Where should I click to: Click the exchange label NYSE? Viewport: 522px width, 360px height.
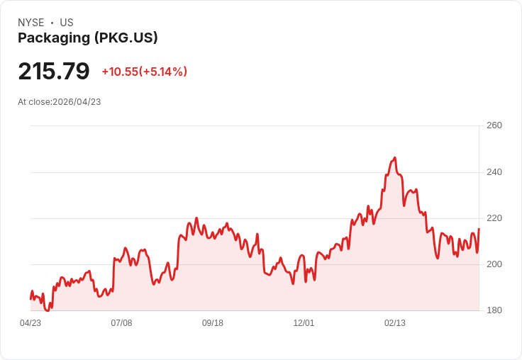click(x=31, y=23)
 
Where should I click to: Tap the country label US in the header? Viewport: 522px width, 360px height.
click(x=67, y=23)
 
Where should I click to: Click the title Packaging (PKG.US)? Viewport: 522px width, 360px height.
click(x=88, y=38)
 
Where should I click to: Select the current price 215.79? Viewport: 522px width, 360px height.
click(x=54, y=72)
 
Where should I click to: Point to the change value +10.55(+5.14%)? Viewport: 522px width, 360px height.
click(x=144, y=72)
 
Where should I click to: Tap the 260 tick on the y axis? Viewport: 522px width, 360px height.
click(x=494, y=125)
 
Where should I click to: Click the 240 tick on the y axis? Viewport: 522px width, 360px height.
click(x=494, y=172)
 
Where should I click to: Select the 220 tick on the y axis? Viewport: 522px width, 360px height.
click(x=494, y=218)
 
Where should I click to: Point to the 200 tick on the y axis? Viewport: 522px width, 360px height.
click(x=494, y=264)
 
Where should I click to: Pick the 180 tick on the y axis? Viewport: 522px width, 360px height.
click(x=494, y=310)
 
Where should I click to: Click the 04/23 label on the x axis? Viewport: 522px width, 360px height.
click(x=30, y=323)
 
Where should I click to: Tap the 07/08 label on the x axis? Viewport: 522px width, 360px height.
click(x=121, y=323)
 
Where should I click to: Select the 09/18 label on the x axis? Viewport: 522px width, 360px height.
click(x=213, y=323)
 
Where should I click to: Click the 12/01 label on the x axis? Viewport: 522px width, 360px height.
click(x=304, y=323)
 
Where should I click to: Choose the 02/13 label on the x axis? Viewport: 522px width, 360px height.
click(x=395, y=323)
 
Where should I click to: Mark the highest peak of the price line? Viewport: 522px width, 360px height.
click(x=394, y=157)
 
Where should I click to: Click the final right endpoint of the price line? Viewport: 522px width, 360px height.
click(x=479, y=229)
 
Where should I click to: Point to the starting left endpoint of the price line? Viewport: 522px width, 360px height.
click(x=30, y=298)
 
